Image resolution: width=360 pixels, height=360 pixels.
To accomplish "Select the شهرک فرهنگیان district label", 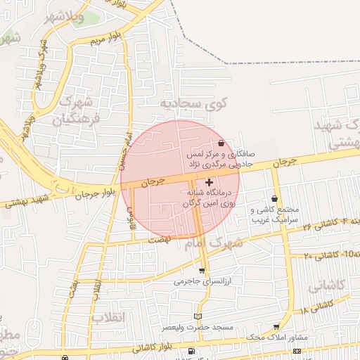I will pyautogui.click(x=80, y=110).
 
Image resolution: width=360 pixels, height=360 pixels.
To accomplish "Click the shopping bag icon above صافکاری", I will pyautogui.click(x=221, y=143).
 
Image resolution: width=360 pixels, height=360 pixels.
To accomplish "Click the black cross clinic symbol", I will pyautogui.click(x=209, y=182).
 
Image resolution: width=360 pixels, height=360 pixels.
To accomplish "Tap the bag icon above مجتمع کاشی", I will pyautogui.click(x=274, y=199).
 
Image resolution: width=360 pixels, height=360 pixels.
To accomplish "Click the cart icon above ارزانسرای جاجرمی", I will pyautogui.click(x=202, y=271).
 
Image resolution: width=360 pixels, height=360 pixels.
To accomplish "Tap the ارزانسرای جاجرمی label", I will pyautogui.click(x=202, y=282).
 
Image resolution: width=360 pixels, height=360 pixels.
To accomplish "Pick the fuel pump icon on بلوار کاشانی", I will pyautogui.click(x=191, y=352).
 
